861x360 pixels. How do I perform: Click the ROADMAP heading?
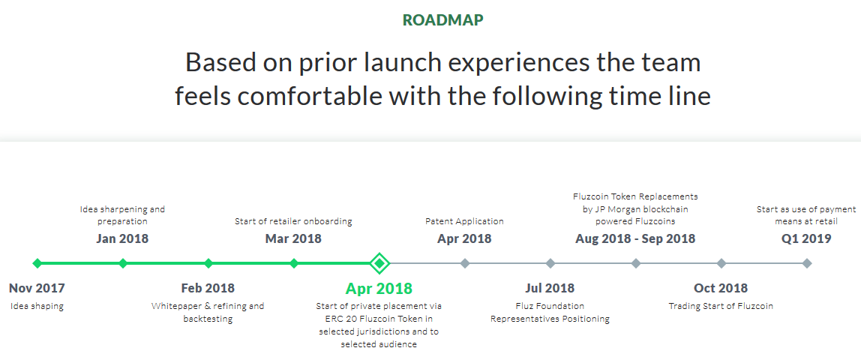442,20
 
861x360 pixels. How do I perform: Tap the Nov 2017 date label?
37,288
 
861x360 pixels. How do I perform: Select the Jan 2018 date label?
122,238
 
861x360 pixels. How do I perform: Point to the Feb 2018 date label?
208,288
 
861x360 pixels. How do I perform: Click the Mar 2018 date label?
293,238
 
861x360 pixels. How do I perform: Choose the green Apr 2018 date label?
379,288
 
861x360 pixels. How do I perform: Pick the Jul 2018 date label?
550,288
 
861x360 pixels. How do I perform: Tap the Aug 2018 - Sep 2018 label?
635,238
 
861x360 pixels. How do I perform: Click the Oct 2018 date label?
721,288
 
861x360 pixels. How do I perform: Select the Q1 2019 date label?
806,238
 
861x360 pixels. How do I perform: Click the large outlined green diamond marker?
379,263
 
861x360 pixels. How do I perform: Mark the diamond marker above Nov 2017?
37,263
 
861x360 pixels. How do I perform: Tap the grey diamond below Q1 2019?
807,263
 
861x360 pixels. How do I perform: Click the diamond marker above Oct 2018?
721,263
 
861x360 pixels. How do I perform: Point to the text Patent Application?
464,222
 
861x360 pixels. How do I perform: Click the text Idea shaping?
37,306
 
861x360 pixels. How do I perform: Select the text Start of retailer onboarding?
293,222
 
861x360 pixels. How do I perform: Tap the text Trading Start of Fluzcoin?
721,306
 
